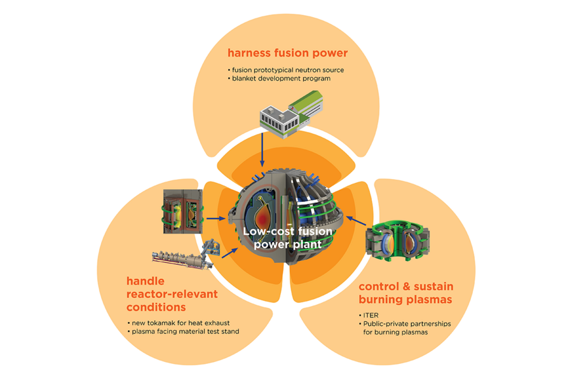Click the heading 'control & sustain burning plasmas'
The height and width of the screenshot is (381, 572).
tap(406, 293)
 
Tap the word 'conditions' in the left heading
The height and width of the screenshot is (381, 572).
tap(156, 307)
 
